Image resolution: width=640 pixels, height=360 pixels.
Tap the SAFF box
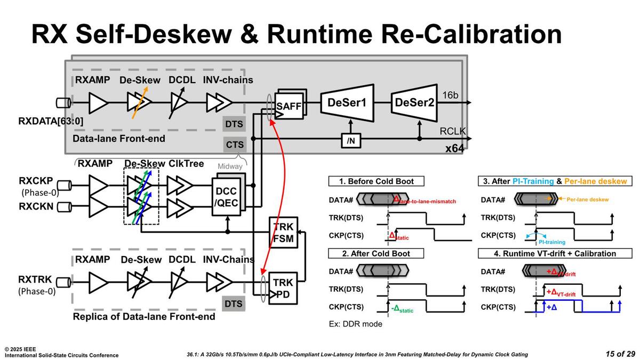tap(289, 107)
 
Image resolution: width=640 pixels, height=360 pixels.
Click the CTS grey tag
tap(234, 144)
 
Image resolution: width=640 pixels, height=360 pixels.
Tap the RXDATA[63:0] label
tap(51, 121)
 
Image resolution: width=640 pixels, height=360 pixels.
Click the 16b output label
tap(450, 95)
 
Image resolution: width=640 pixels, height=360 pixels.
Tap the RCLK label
tap(452, 131)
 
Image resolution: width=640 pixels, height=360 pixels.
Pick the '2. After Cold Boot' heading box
tap(375, 253)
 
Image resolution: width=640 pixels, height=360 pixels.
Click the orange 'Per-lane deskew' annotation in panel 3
tap(587, 199)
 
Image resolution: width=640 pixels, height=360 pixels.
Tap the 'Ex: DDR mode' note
tap(354, 324)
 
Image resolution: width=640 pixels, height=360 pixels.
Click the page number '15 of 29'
tap(620, 354)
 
